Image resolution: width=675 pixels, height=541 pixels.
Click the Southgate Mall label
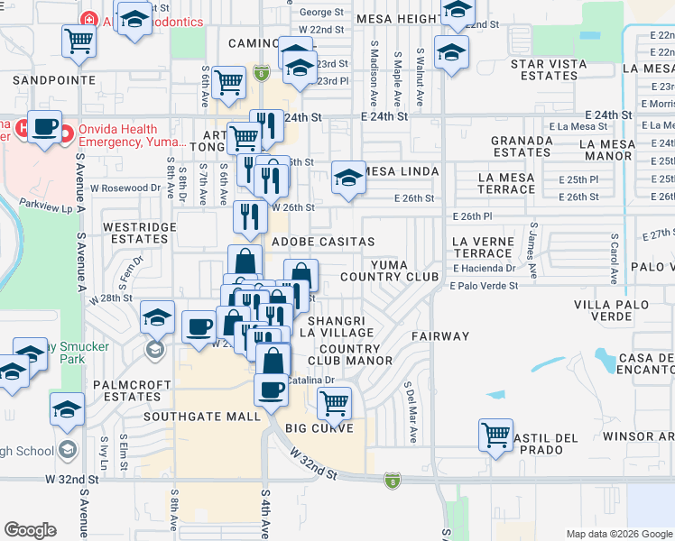pyautogui.click(x=203, y=417)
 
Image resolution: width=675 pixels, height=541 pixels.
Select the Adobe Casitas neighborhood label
pyautogui.click(x=323, y=242)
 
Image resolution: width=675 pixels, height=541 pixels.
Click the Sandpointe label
pyautogui.click(x=55, y=79)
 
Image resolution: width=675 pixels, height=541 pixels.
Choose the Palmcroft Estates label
pyautogui.click(x=126, y=390)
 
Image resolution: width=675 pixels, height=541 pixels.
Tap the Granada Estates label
pyautogui.click(x=522, y=146)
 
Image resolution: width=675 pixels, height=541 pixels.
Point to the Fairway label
pyautogui.click(x=441, y=335)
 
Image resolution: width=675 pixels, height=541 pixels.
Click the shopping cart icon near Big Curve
pyautogui.click(x=334, y=402)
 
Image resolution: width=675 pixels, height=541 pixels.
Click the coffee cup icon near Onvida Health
pyautogui.click(x=44, y=127)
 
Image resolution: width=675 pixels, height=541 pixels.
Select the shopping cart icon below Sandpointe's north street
pyautogui.click(x=79, y=40)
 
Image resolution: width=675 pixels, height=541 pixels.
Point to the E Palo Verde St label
pyautogui.click(x=485, y=286)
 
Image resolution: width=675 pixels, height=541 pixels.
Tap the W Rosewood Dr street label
pyautogui.click(x=125, y=188)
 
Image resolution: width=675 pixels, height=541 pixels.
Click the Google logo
pyautogui.click(x=30, y=530)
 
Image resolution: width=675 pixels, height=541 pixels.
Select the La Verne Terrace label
pyautogui.click(x=482, y=247)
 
